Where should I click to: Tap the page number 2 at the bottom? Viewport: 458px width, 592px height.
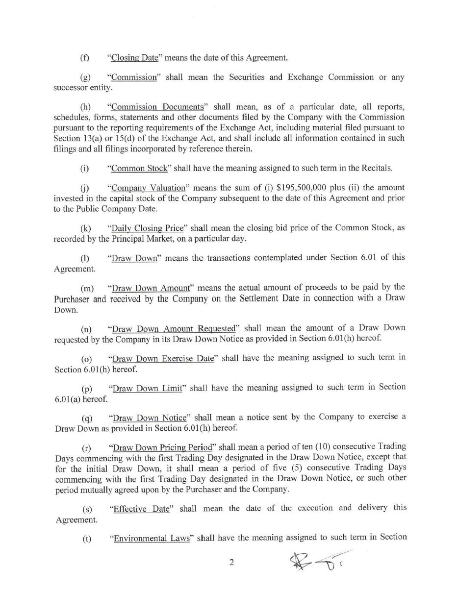pos(231,563)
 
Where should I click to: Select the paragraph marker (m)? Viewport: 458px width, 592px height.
pos(87,288)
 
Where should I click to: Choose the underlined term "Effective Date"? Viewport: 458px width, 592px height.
pos(141,509)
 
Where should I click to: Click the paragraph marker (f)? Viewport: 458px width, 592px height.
pos(85,58)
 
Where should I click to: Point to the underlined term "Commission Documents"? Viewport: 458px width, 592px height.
pos(157,107)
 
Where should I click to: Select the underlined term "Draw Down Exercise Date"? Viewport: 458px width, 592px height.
pos(163,358)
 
